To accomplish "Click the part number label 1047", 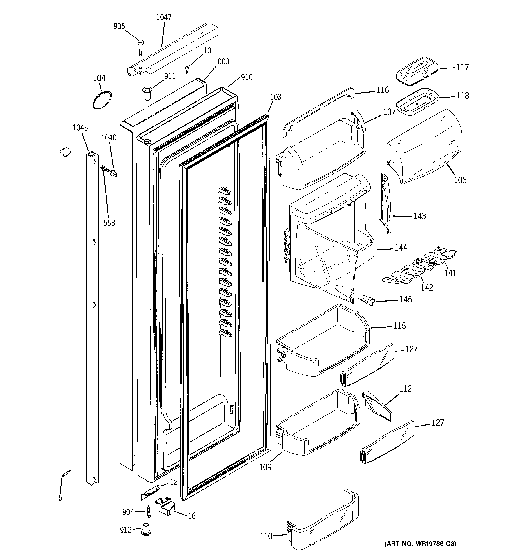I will click(x=164, y=17).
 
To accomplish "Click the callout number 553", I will click(x=109, y=223).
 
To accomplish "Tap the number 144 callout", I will click(x=401, y=248).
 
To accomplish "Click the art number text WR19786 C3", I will click(x=420, y=551).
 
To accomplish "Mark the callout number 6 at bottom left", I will click(x=60, y=498).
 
